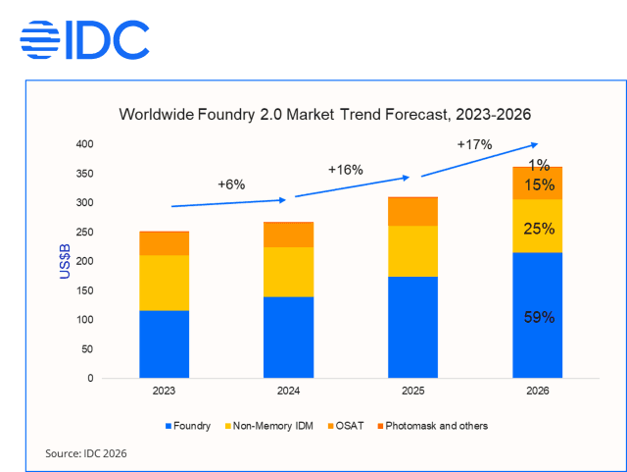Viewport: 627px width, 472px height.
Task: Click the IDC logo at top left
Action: pyautogui.click(x=84, y=39)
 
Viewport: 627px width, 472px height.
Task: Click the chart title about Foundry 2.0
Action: pyautogui.click(x=324, y=114)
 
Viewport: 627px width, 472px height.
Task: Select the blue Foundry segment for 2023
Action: pyautogui.click(x=164, y=343)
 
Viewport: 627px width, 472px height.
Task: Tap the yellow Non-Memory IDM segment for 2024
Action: pyautogui.click(x=288, y=272)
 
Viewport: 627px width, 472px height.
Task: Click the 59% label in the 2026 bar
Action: pyautogui.click(x=538, y=317)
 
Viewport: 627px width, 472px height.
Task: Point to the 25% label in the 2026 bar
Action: pyautogui.click(x=538, y=229)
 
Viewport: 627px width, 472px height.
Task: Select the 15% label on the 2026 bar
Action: pyautogui.click(x=538, y=184)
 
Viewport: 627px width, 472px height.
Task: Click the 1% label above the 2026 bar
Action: pyautogui.click(x=539, y=165)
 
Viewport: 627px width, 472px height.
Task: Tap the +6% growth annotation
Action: pyautogui.click(x=230, y=184)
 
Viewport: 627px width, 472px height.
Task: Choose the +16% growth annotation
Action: pyautogui.click(x=346, y=169)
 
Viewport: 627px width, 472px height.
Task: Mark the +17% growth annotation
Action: pyautogui.click(x=474, y=144)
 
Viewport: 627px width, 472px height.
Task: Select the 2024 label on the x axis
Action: pyautogui.click(x=288, y=392)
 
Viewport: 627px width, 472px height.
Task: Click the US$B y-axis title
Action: pyautogui.click(x=65, y=261)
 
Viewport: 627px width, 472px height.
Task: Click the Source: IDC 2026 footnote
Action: pyautogui.click(x=86, y=453)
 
